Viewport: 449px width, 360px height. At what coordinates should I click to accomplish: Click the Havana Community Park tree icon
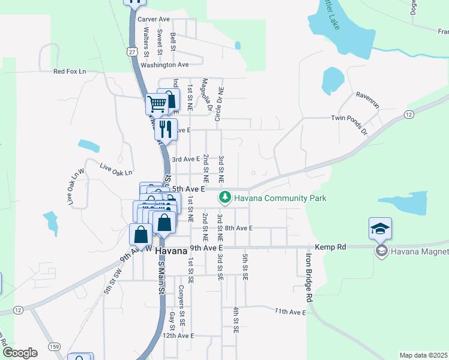tap(225, 197)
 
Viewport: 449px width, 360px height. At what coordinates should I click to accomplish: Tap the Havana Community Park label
tap(280, 198)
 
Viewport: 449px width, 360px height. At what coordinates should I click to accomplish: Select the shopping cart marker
tap(157, 104)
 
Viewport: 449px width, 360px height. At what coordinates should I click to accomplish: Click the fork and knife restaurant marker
tap(166, 128)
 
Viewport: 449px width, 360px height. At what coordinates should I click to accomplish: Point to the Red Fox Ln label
tap(70, 71)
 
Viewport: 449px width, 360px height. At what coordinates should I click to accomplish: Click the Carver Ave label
tap(154, 19)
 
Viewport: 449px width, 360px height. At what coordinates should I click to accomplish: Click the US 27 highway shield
tap(131, 52)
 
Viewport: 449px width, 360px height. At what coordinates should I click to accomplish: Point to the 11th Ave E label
tap(291, 311)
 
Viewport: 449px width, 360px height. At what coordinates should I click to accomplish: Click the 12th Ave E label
tap(178, 336)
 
